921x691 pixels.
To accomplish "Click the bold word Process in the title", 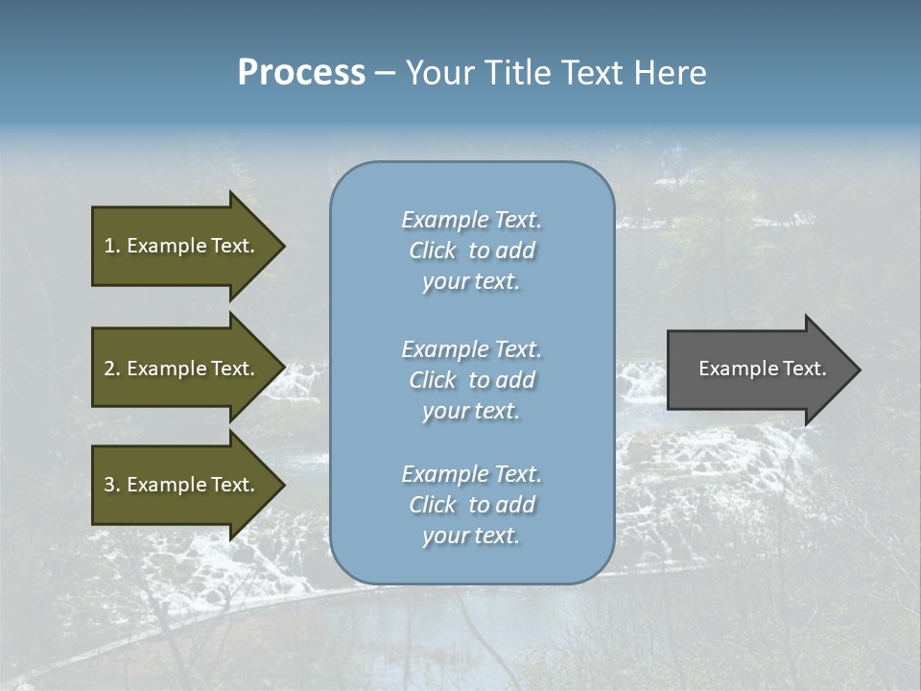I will [301, 73].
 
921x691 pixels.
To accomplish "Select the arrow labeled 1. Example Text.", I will [182, 246].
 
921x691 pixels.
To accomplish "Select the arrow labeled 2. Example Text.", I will [182, 369].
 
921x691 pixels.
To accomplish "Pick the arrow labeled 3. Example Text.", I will [182, 485].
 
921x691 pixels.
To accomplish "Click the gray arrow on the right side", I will [758, 369].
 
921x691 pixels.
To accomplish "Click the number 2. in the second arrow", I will [111, 369].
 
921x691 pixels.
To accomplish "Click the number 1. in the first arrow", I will [111, 246].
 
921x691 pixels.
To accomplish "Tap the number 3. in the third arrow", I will [111, 485].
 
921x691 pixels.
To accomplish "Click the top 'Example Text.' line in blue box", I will [471, 220].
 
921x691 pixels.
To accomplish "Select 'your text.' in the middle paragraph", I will [471, 411].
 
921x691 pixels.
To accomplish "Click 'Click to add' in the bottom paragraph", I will [471, 505].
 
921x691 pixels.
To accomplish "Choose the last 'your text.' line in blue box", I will [471, 536].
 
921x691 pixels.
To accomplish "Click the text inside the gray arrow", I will [762, 369].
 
